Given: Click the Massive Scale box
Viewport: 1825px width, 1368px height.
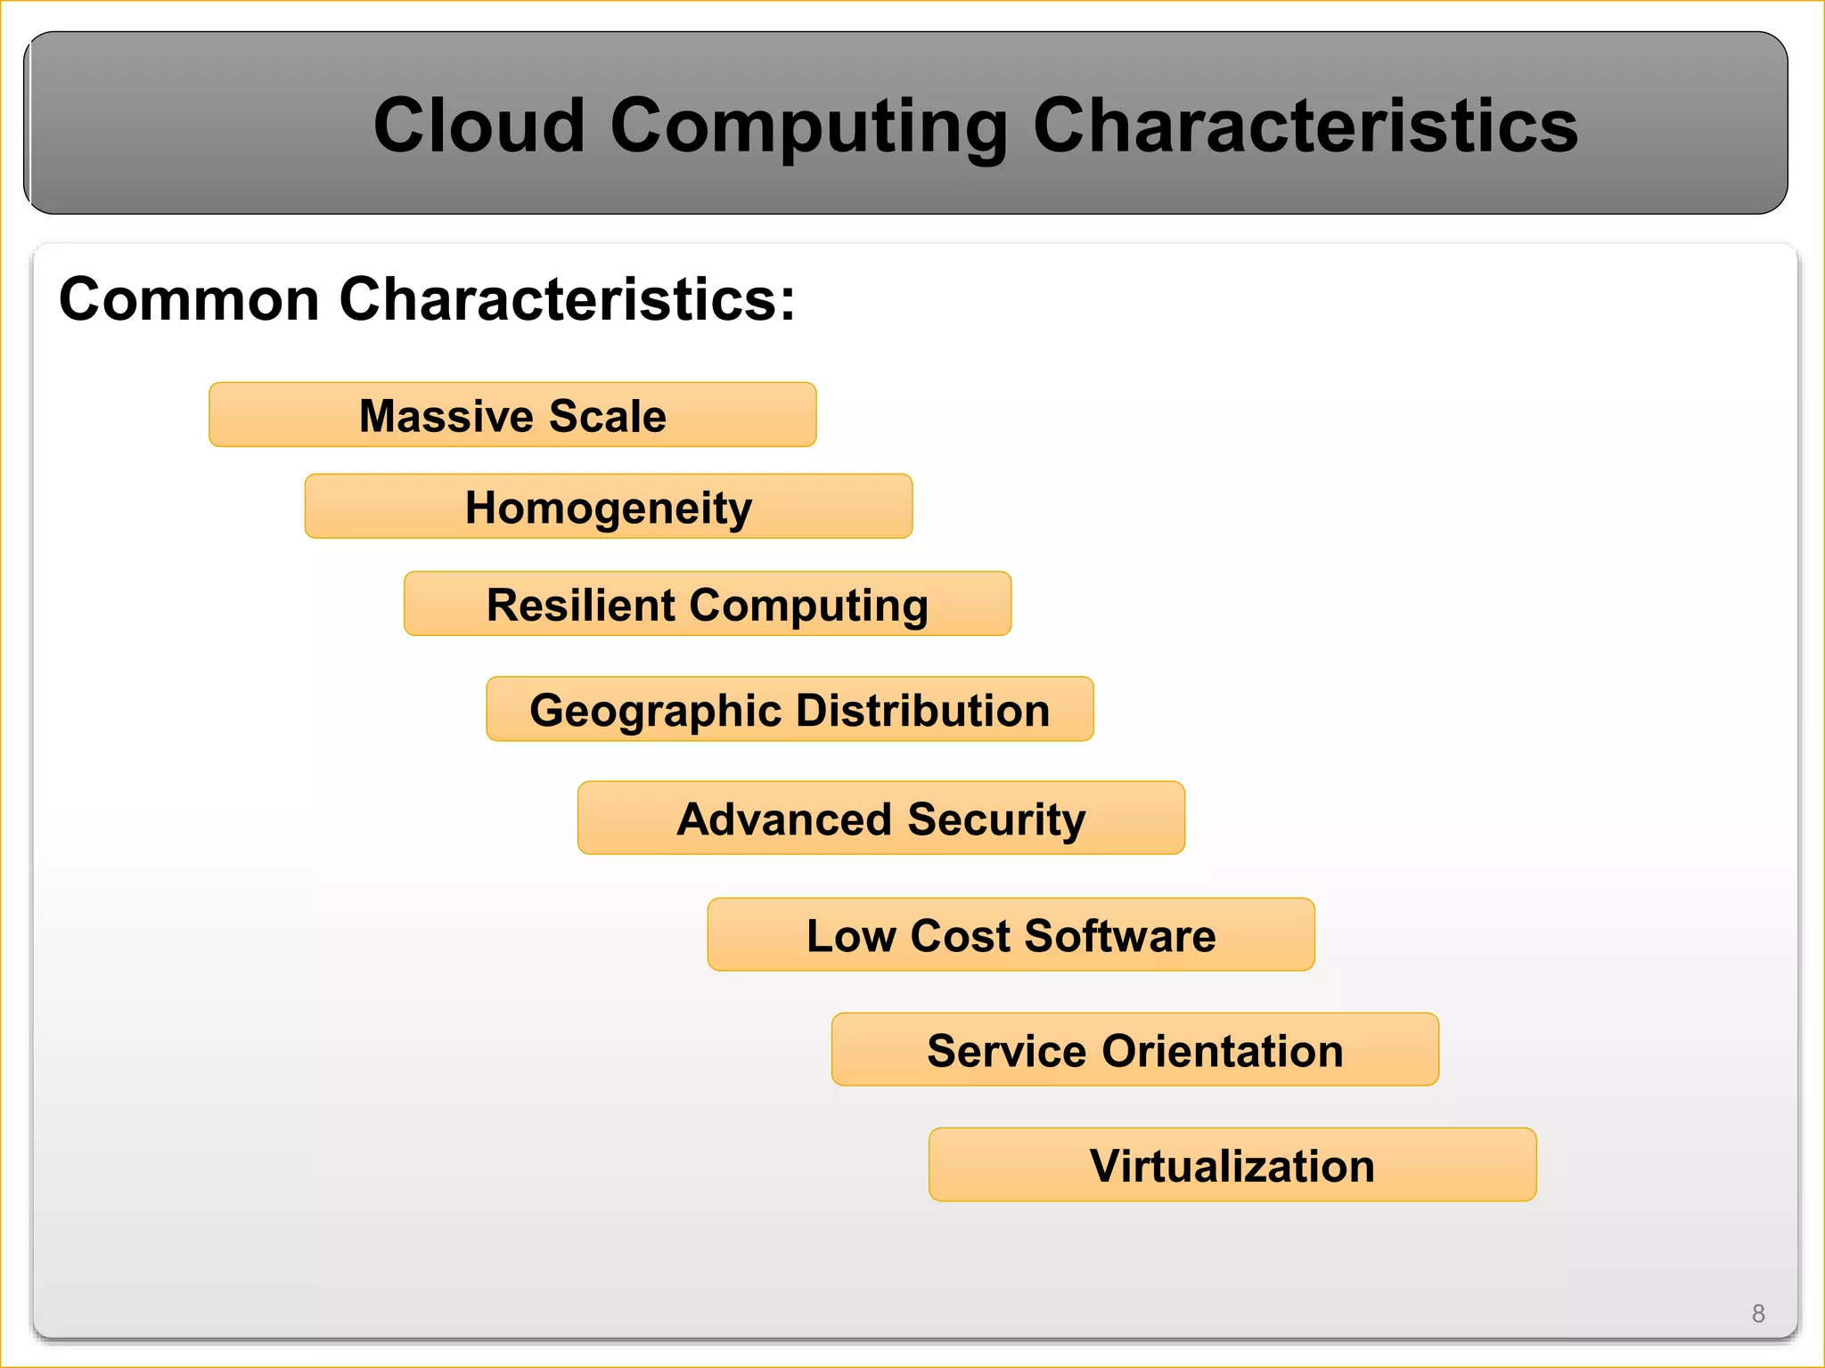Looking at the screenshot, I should [x=512, y=415].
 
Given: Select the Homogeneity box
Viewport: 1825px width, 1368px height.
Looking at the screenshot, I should [x=609, y=507].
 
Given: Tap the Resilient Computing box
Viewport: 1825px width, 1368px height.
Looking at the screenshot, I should [x=707, y=604].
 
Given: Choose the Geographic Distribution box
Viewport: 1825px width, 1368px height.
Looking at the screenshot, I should [x=790, y=710].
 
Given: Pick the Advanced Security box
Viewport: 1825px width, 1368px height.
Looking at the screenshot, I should [x=880, y=818].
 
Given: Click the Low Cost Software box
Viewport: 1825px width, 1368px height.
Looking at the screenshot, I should [x=1011, y=935].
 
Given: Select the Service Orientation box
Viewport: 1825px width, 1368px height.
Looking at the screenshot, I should [x=1134, y=1050].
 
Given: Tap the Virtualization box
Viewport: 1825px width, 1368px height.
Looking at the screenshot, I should [x=1232, y=1165].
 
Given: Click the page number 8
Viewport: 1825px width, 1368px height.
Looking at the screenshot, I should [x=1757, y=1314].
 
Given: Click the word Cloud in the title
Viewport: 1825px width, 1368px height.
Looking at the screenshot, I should [x=479, y=126].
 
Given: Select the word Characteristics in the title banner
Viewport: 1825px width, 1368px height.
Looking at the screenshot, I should [x=1305, y=126].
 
